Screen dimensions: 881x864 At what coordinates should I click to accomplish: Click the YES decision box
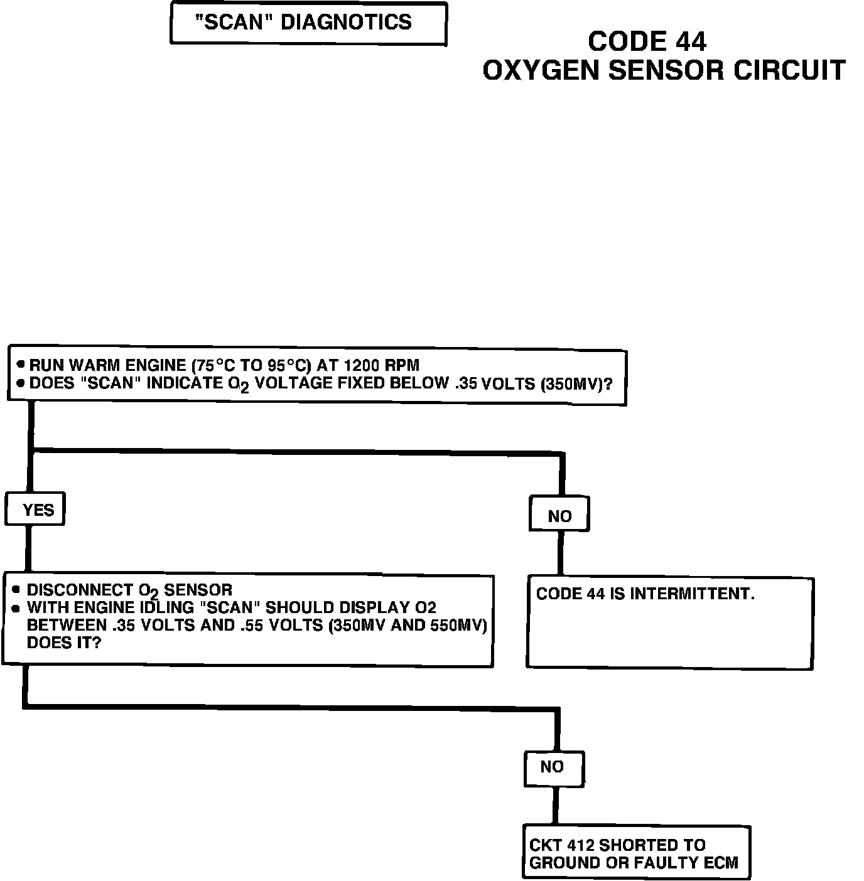coord(36,510)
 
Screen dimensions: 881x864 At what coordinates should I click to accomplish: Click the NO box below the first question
coord(559,515)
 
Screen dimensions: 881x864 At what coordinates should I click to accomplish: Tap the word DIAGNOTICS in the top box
coord(345,23)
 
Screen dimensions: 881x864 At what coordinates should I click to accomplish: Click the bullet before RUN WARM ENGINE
coord(21,364)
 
